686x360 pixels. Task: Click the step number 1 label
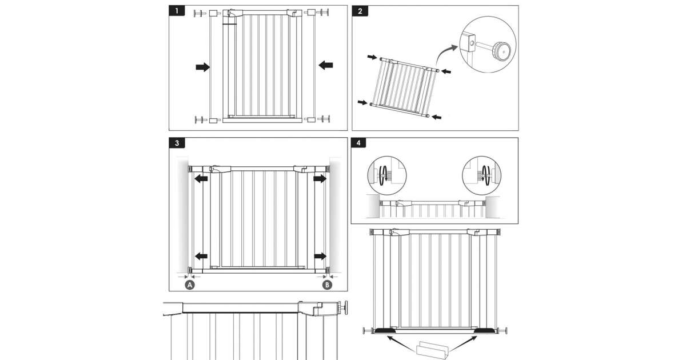coord(177,11)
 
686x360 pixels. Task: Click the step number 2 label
coord(360,11)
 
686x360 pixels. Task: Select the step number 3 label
coord(177,143)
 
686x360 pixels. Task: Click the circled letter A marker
coord(190,284)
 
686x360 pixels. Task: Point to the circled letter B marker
coord(327,284)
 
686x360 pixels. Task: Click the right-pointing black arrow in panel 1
coord(202,67)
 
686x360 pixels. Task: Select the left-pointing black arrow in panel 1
coord(326,65)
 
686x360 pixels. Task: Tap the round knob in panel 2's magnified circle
coord(501,51)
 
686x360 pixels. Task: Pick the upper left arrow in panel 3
coord(200,179)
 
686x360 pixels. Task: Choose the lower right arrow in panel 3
coord(319,256)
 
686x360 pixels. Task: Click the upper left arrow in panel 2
coord(372,58)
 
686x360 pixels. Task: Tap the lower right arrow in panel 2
coord(436,117)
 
